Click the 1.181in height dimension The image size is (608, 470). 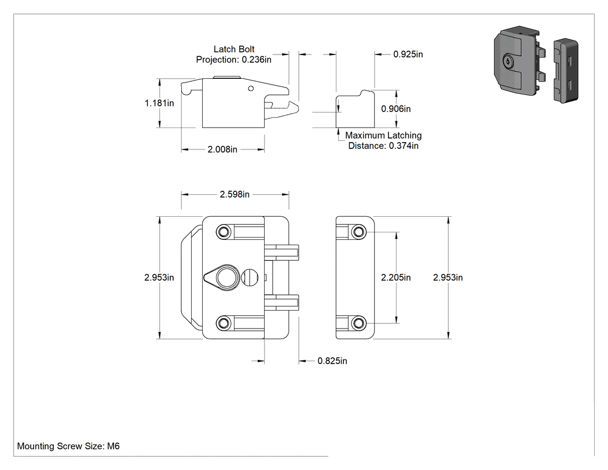pyautogui.click(x=159, y=103)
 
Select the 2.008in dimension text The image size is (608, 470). pyautogui.click(x=222, y=150)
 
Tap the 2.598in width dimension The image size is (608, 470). pyautogui.click(x=235, y=194)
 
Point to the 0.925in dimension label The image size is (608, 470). pyautogui.click(x=408, y=54)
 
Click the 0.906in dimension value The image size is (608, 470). pyautogui.click(x=396, y=109)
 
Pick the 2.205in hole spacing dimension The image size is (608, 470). pyautogui.click(x=396, y=278)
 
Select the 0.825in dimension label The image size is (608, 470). pyautogui.click(x=332, y=361)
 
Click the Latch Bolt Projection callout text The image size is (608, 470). pyautogui.click(x=234, y=54)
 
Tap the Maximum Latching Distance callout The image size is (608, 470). pyautogui.click(x=383, y=140)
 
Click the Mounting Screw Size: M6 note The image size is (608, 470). pyautogui.click(x=68, y=446)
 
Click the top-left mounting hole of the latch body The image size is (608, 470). pyautogui.click(x=223, y=232)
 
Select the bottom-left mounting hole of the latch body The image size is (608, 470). pyautogui.click(x=223, y=323)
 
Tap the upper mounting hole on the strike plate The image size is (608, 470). pyautogui.click(x=358, y=232)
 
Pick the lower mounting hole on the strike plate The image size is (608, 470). pyautogui.click(x=358, y=323)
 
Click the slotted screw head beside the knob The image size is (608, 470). pyautogui.click(x=250, y=278)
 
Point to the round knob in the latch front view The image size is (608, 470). pyautogui.click(x=226, y=278)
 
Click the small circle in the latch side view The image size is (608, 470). pyautogui.click(x=251, y=89)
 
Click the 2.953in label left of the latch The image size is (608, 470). pyautogui.click(x=159, y=278)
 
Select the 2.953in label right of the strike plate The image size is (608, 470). pyautogui.click(x=448, y=278)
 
